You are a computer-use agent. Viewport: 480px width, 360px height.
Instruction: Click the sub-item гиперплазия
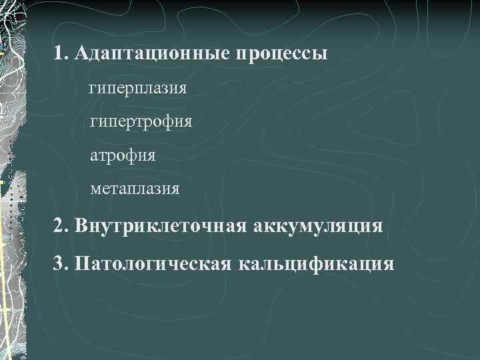point(137,88)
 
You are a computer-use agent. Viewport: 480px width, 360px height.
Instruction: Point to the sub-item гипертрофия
point(141,122)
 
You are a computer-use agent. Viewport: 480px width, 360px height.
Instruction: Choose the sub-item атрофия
point(123,156)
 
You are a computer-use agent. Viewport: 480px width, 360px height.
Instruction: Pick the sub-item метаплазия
point(135,189)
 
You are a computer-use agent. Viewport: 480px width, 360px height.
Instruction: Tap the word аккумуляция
point(318,226)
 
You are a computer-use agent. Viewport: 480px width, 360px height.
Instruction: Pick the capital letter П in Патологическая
point(82,263)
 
